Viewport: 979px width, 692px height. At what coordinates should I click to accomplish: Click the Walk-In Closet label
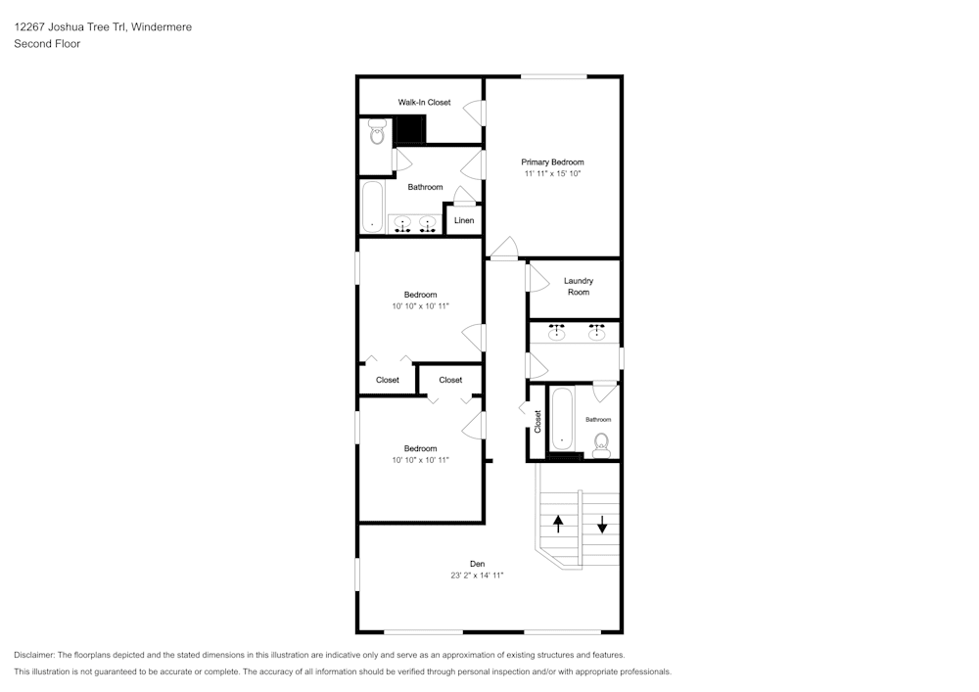tap(424, 102)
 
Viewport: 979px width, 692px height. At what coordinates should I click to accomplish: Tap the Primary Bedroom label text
tap(552, 161)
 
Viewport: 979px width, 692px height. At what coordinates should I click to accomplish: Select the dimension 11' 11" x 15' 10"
tap(552, 173)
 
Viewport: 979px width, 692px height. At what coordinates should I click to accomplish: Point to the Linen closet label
tap(464, 220)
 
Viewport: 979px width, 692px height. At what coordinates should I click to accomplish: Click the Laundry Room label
tap(578, 286)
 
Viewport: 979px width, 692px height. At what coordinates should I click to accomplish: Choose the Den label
tap(477, 563)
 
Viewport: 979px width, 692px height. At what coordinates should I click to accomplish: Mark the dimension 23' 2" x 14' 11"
tap(477, 576)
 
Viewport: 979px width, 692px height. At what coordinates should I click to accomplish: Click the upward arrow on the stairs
tap(558, 523)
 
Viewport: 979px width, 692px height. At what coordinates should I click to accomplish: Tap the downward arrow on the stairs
tap(601, 523)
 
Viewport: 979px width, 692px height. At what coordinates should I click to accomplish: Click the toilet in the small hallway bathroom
tap(601, 442)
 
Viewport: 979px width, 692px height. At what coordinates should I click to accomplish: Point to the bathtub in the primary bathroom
tap(372, 207)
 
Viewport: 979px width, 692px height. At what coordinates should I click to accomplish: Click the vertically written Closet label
tap(537, 420)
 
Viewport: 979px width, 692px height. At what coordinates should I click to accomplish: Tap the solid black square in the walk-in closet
tap(410, 129)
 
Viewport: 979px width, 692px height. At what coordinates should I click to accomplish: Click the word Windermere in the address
tap(161, 27)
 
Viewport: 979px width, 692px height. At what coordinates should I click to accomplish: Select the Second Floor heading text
tap(47, 44)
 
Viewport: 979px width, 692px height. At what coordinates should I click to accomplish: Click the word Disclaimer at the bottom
tap(34, 655)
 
